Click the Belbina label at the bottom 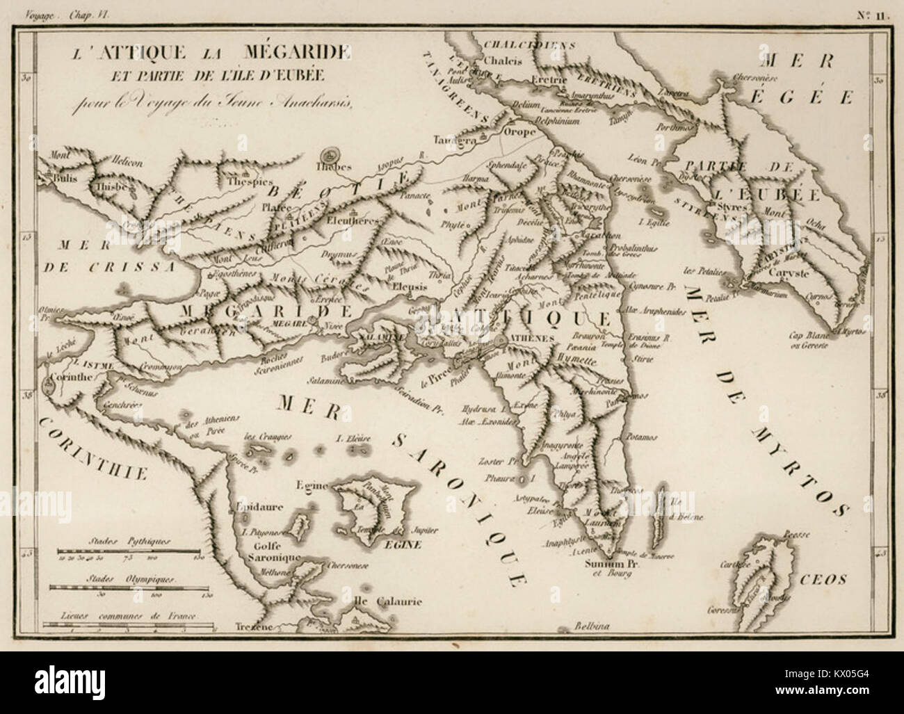point(592,626)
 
